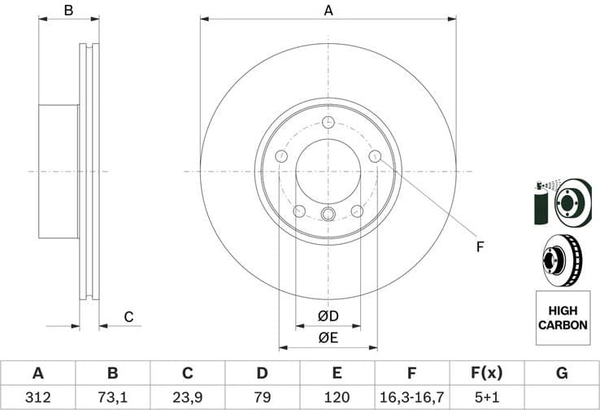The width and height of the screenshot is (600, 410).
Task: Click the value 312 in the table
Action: [37, 397]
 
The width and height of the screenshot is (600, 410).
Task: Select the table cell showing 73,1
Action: [112, 397]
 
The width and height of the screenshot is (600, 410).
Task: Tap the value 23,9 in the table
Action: [187, 397]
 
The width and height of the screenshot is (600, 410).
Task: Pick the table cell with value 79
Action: [262, 397]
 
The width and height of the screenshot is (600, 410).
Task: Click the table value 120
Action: [337, 397]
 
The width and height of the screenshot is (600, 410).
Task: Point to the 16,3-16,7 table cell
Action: [411, 397]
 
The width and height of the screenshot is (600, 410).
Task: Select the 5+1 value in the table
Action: [486, 397]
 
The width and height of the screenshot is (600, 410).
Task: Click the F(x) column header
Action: [486, 373]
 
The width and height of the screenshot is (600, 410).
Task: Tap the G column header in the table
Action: [561, 373]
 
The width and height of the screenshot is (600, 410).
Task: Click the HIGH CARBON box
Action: [561, 318]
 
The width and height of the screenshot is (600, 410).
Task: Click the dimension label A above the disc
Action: [328, 11]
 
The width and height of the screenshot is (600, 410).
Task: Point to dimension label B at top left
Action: [69, 11]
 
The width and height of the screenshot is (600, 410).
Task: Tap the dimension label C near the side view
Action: [128, 317]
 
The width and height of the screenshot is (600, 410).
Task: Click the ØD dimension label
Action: [328, 316]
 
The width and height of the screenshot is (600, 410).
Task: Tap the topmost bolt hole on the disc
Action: [328, 123]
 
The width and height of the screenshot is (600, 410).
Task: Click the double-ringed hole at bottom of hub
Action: [328, 214]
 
